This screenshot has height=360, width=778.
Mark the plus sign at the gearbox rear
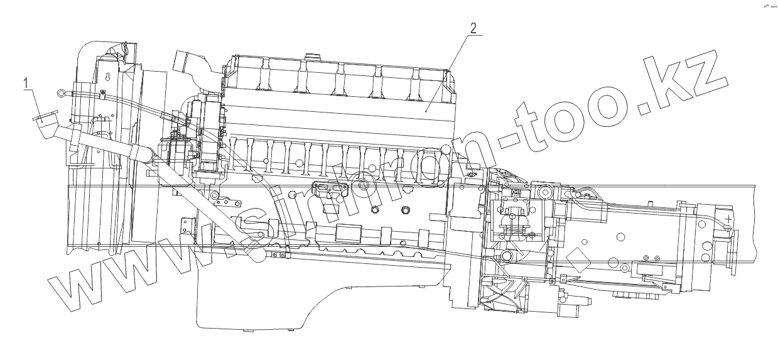(728, 219)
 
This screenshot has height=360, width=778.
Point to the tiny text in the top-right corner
(769, 6)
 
